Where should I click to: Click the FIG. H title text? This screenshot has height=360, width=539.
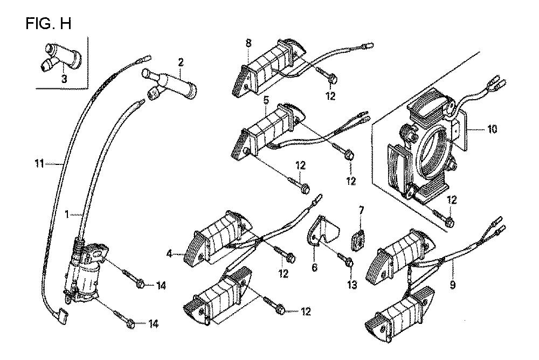47,25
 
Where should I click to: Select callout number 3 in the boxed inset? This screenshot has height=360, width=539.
64,79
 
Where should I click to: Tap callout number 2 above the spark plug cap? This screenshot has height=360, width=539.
181,63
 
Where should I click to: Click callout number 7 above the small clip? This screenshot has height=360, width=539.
361,209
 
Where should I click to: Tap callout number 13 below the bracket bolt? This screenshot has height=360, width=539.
352,285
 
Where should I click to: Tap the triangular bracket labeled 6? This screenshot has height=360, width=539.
322,233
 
